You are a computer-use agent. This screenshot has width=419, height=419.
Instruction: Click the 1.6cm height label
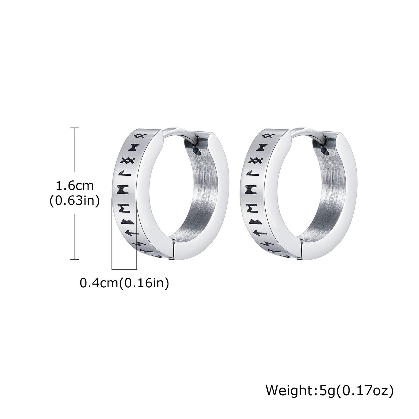[x=75, y=186]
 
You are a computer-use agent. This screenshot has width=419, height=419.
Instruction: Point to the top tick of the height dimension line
[x=75, y=128]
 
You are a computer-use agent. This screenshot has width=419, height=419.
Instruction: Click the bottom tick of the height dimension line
[x=75, y=259]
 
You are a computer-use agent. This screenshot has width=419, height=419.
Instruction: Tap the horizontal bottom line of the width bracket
[x=124, y=270]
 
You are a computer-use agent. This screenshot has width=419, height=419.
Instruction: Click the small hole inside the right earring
[x=326, y=151]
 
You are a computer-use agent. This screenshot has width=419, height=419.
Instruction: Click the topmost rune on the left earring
[x=139, y=136]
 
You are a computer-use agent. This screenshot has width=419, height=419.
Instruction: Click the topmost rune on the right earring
[x=267, y=136]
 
